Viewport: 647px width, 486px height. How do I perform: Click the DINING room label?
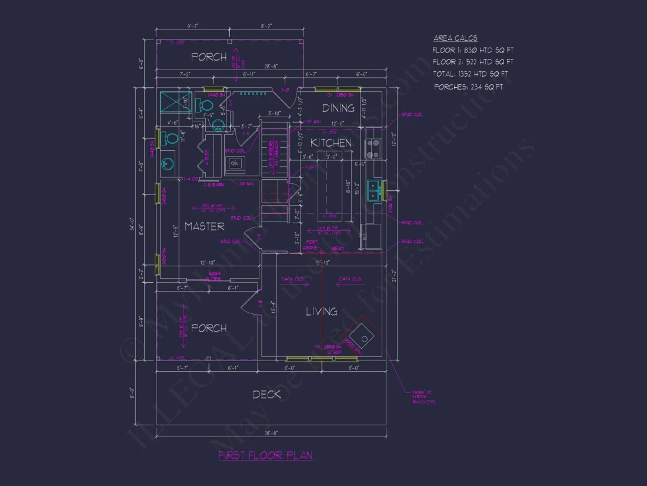pyautogui.click(x=338, y=108)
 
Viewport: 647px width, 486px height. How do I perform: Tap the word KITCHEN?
pyautogui.click(x=331, y=143)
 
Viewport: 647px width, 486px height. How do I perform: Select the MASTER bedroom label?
pyautogui.click(x=204, y=226)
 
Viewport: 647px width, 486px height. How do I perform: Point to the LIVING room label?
pyautogui.click(x=321, y=311)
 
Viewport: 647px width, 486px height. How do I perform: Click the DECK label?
pyautogui.click(x=267, y=394)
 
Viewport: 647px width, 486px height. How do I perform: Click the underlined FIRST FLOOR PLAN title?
pyautogui.click(x=265, y=455)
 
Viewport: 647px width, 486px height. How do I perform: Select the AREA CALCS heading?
pyautogui.click(x=455, y=38)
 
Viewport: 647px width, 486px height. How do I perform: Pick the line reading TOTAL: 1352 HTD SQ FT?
pyautogui.click(x=471, y=74)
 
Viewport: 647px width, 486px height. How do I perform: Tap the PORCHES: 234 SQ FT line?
pyautogui.click(x=468, y=87)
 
